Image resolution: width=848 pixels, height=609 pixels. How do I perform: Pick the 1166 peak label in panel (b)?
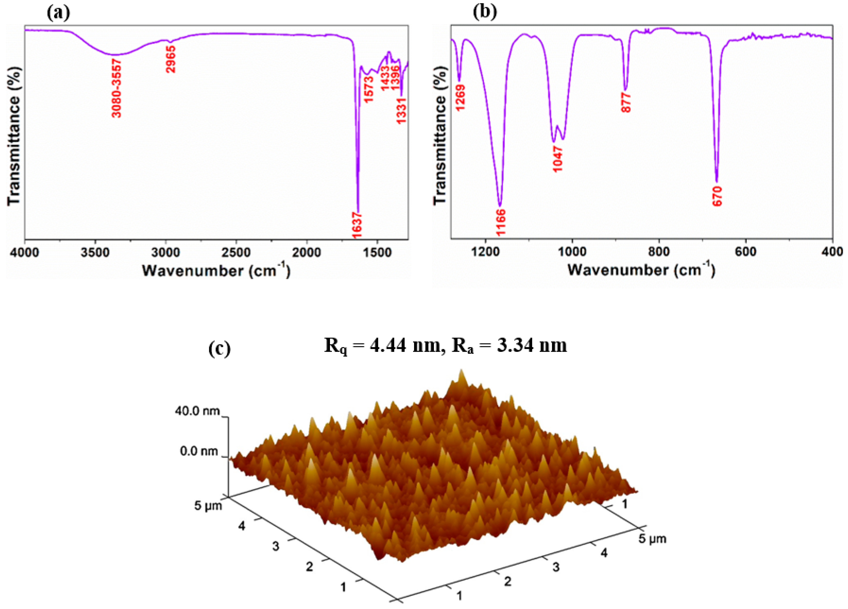[x=501, y=222]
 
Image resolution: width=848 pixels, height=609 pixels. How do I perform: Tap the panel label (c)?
[x=220, y=349]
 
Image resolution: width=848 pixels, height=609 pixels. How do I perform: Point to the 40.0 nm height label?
[x=197, y=411]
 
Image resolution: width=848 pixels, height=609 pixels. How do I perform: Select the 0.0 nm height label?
[x=199, y=451]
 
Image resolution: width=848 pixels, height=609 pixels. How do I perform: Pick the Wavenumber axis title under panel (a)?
[x=216, y=270]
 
